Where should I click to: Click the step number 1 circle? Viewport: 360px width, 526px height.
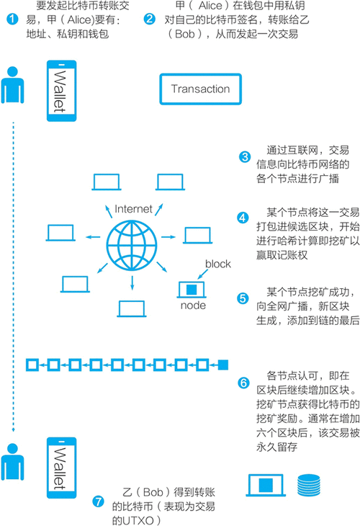[x=11, y=18]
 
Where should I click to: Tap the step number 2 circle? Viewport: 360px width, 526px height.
[x=149, y=18]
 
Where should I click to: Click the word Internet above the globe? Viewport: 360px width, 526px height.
[x=133, y=210]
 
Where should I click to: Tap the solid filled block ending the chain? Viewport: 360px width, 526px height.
[x=222, y=365]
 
